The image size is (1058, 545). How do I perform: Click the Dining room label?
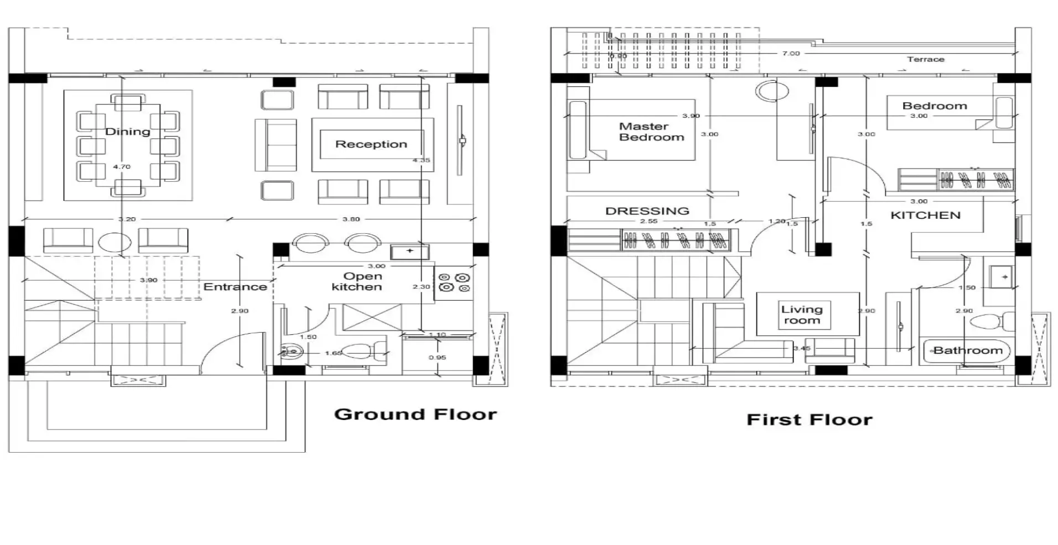click(127, 132)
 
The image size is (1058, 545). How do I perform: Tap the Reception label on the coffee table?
click(371, 144)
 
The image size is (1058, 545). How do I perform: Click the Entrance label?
click(235, 287)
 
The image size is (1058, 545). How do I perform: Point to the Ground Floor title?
click(415, 414)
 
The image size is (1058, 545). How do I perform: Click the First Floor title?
click(809, 420)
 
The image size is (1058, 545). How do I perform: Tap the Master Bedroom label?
click(651, 132)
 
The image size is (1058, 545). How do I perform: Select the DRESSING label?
click(647, 211)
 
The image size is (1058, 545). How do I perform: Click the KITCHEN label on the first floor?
click(925, 216)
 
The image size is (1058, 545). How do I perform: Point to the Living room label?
click(802, 315)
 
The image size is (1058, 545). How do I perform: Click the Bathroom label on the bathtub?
click(967, 350)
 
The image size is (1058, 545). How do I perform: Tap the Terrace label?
click(925, 59)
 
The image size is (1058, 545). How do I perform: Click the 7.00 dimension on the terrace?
click(791, 54)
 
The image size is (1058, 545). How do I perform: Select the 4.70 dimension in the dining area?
click(122, 166)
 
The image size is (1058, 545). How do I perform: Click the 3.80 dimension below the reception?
click(351, 219)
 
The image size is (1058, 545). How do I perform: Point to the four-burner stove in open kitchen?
click(453, 283)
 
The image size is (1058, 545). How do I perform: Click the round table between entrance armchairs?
click(115, 242)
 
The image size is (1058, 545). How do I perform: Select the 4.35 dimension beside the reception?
click(421, 160)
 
